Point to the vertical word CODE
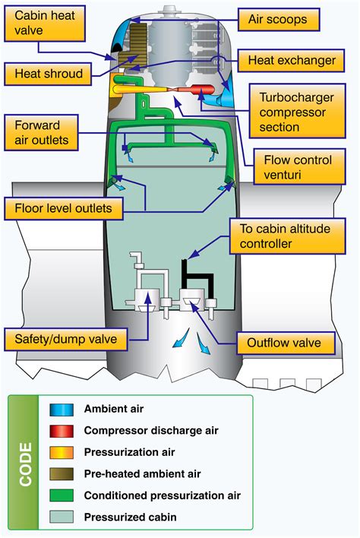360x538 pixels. (25, 464)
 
